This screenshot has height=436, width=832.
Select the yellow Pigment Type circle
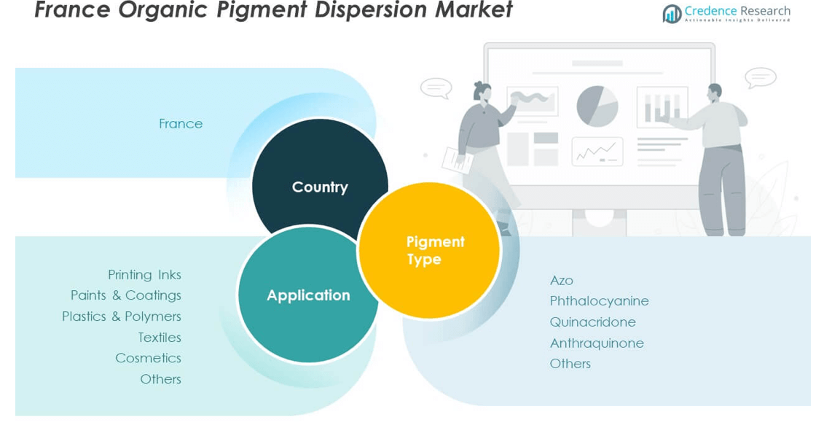pyautogui.click(x=429, y=250)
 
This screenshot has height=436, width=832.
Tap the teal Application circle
pyautogui.click(x=308, y=295)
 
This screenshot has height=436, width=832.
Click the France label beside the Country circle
pyautogui.click(x=181, y=124)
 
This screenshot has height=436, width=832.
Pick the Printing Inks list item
pyautogui.click(x=144, y=275)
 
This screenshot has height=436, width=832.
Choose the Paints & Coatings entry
pyautogui.click(x=126, y=295)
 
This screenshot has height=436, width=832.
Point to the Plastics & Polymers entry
pyautogui.click(x=122, y=316)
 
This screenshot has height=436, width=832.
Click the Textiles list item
pyautogui.click(x=160, y=338)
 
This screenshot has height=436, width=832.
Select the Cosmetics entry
pyautogui.click(x=148, y=358)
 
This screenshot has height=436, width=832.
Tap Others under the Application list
pyautogui.click(x=160, y=379)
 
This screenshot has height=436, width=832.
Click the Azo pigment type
pyautogui.click(x=562, y=281)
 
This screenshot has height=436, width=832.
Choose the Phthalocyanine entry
pyautogui.click(x=599, y=301)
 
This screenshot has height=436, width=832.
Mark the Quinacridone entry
pyautogui.click(x=592, y=322)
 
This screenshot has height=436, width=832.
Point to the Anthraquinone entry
pyautogui.click(x=597, y=343)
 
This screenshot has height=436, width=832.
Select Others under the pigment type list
pyautogui.click(x=570, y=364)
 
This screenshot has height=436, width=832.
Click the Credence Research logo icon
pyautogui.click(x=672, y=13)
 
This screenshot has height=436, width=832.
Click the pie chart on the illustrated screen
pyautogui.click(x=597, y=106)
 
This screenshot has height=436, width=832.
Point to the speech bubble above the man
pyautogui.click(x=760, y=77)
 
